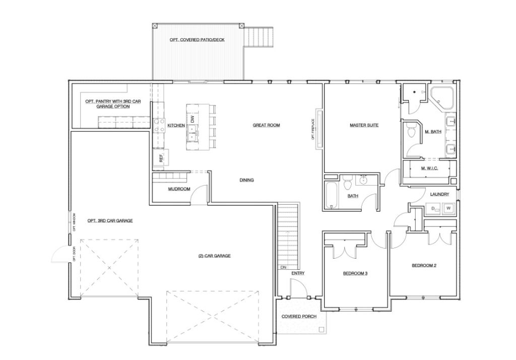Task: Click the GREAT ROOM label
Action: pos(266,125)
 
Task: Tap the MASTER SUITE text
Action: pos(364,125)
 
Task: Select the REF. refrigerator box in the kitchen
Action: pos(161,158)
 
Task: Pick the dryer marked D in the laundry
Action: pos(433,208)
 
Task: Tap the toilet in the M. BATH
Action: pos(411,131)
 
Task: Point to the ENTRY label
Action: pos(298,273)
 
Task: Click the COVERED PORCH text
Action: pos(299,316)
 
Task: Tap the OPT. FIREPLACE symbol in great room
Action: pos(318,129)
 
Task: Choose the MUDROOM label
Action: pos(179,190)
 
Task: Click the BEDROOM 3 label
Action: pos(355,273)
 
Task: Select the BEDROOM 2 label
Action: pos(424,265)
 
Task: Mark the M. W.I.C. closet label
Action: pos(430,168)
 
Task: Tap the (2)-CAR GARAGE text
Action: pos(214,256)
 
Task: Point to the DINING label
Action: pos(246,180)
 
